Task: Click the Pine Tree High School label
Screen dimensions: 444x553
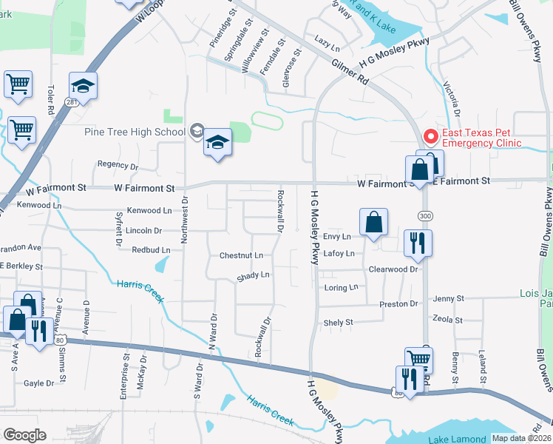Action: click(x=135, y=132)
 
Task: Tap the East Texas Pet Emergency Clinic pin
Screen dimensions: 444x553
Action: click(x=430, y=137)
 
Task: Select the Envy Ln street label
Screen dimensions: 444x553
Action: click(x=336, y=237)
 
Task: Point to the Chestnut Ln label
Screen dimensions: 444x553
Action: click(x=241, y=255)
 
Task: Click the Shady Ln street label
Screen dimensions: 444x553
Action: click(x=253, y=275)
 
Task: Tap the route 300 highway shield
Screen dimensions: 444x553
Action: click(x=429, y=215)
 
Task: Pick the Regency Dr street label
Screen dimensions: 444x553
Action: click(x=118, y=166)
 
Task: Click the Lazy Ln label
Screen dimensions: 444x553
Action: click(x=326, y=44)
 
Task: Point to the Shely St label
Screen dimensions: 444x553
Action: click(x=339, y=323)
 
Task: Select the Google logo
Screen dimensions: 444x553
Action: click(x=24, y=435)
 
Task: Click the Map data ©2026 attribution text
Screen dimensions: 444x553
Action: click(x=521, y=438)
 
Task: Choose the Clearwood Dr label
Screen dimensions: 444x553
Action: click(x=393, y=270)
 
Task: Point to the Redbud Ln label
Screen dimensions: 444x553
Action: click(x=151, y=250)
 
